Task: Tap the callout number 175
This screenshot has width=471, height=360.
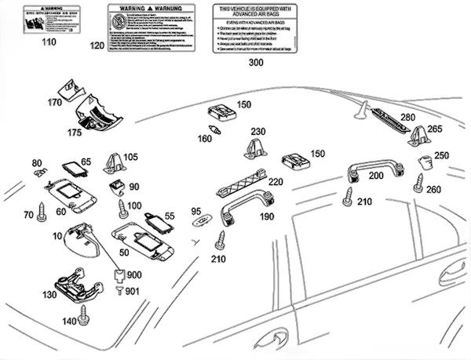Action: pyautogui.click(x=75, y=133)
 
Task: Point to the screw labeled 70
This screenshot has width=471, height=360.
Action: pyautogui.click(x=42, y=213)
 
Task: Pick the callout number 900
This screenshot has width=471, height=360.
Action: pyautogui.click(x=135, y=275)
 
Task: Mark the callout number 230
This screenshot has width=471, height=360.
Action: pyautogui.click(x=258, y=132)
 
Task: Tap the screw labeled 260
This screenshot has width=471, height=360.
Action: pyautogui.click(x=418, y=184)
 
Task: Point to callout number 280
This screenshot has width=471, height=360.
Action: pyautogui.click(x=407, y=116)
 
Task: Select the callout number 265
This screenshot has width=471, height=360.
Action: pyautogui.click(x=434, y=129)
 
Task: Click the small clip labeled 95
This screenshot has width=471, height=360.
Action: pyautogui.click(x=202, y=223)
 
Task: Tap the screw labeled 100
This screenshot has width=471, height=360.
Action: pyautogui.click(x=122, y=209)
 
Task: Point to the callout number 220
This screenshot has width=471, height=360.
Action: pyautogui.click(x=276, y=182)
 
